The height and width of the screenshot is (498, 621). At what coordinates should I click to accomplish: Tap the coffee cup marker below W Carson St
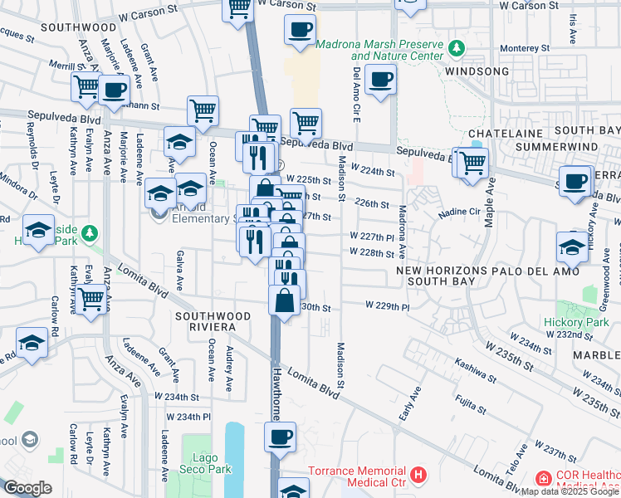(300, 30)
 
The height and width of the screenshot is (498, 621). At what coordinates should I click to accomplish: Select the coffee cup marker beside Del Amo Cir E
(380, 81)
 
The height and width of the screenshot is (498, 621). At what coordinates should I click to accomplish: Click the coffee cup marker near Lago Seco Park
(280, 436)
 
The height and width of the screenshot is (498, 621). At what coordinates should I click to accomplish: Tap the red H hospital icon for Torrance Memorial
(419, 476)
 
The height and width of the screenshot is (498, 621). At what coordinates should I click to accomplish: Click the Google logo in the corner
(27, 488)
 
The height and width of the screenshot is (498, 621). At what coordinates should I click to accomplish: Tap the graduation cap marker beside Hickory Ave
(572, 247)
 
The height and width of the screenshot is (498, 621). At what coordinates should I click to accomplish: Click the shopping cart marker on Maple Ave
(472, 163)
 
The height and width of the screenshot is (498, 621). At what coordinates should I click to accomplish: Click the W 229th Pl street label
(389, 306)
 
